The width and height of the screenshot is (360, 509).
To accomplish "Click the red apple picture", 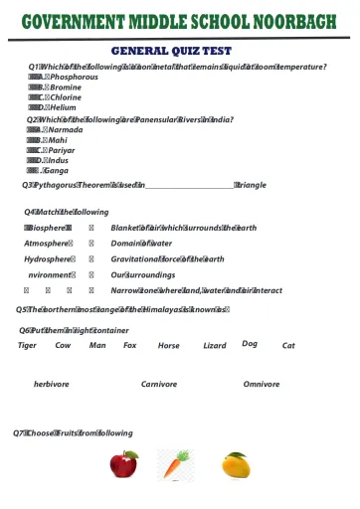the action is (x=124, y=464).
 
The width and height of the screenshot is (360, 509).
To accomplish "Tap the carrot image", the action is (x=175, y=464).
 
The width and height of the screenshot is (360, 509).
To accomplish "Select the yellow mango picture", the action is (x=235, y=464).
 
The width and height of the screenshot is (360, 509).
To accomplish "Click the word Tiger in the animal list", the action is (x=28, y=345).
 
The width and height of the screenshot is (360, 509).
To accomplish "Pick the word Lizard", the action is (x=214, y=345).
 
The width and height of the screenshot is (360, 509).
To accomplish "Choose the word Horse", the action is (x=169, y=345).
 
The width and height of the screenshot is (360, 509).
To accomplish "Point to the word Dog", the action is (x=250, y=343).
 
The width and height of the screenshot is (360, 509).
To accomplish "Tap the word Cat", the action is (x=288, y=345).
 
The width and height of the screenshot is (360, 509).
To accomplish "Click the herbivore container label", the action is (x=52, y=384).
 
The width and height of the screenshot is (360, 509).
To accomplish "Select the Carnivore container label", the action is (x=159, y=384).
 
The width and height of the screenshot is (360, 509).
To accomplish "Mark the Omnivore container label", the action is (x=262, y=384).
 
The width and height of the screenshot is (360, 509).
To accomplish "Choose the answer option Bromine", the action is (x=66, y=87).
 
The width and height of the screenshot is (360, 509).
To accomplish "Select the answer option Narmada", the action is (x=66, y=129).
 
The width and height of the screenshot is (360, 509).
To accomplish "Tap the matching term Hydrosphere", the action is (x=47, y=258).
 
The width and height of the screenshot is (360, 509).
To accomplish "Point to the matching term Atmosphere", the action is (x=47, y=243).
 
